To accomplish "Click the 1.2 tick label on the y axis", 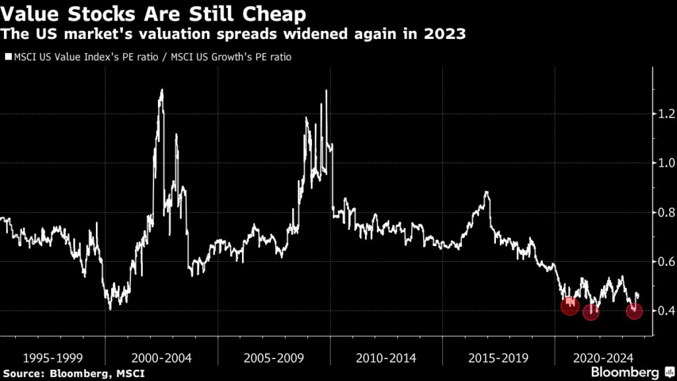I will [666, 114].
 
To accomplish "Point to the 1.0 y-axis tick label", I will [666, 163].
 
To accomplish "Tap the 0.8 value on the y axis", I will [666, 212].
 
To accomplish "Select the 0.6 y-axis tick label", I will [666, 261].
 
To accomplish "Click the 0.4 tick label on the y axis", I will [666, 311].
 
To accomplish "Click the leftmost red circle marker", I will [569, 306].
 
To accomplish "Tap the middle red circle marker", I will [591, 312].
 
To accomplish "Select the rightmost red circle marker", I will [634, 311].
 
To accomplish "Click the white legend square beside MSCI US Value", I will [8, 57].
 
